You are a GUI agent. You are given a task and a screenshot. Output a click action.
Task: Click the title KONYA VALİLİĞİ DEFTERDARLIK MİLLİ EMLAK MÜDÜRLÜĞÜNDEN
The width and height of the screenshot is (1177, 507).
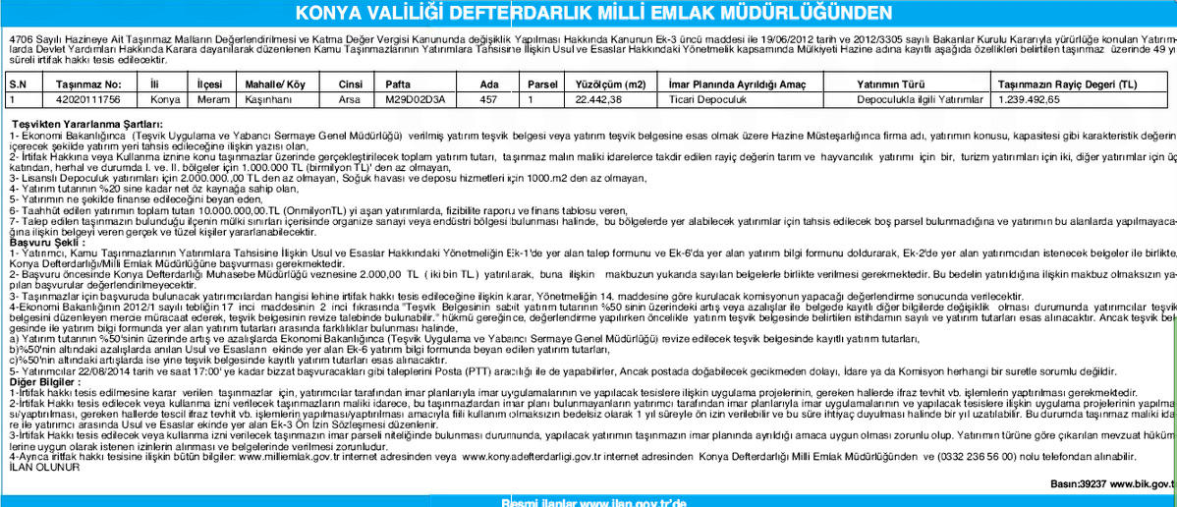point(588,14)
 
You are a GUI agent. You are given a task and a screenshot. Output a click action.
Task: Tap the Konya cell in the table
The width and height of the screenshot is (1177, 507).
point(164,99)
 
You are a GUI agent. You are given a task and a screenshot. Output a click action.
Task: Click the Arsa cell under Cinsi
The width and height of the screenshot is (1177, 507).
point(349,99)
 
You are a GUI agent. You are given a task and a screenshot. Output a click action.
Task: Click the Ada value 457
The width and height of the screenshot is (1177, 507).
point(488,99)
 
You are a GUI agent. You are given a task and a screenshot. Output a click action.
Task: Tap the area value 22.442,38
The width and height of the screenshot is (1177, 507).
point(600,99)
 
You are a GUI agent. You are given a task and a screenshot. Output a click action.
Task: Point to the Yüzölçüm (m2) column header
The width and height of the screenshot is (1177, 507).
point(609,85)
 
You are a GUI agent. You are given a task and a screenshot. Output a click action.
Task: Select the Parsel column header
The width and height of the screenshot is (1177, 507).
point(542,85)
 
